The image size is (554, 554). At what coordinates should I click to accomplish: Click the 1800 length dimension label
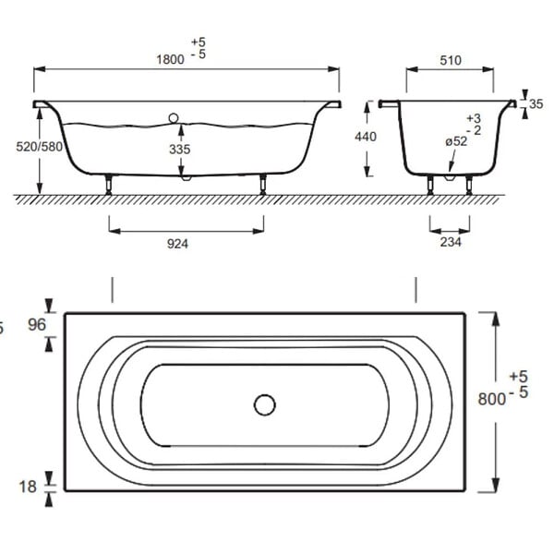170,59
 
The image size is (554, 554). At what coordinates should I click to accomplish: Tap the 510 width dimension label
451,60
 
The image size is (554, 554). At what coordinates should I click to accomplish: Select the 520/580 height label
39,147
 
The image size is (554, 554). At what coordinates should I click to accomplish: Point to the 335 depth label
180,149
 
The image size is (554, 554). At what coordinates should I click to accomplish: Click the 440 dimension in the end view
366,137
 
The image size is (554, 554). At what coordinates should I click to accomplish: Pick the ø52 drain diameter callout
456,141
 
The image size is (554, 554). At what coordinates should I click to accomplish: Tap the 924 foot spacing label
177,244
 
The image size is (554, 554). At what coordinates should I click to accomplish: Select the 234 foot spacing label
451,242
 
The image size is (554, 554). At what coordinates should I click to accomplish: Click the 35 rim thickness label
536,103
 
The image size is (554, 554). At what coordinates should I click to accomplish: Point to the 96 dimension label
37,325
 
